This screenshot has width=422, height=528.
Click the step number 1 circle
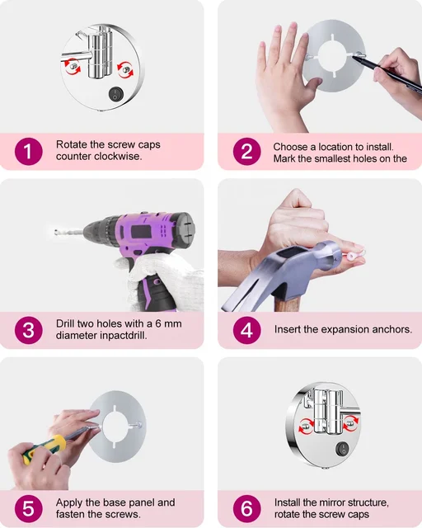[x=29, y=152]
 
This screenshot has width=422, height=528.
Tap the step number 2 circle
[x=246, y=152]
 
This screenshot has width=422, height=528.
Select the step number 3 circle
[x=29, y=330]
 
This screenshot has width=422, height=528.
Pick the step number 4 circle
[x=246, y=330]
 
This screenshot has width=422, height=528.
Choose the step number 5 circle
[x=29, y=508]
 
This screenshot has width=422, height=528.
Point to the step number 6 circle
[x=246, y=508]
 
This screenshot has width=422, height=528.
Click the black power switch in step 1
[x=116, y=94]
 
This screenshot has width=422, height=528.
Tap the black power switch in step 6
[x=343, y=449]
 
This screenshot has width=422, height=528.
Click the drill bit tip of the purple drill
[x=56, y=232]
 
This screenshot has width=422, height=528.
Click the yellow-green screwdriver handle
[x=44, y=449]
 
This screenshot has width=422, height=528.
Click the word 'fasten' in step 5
[x=71, y=514]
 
